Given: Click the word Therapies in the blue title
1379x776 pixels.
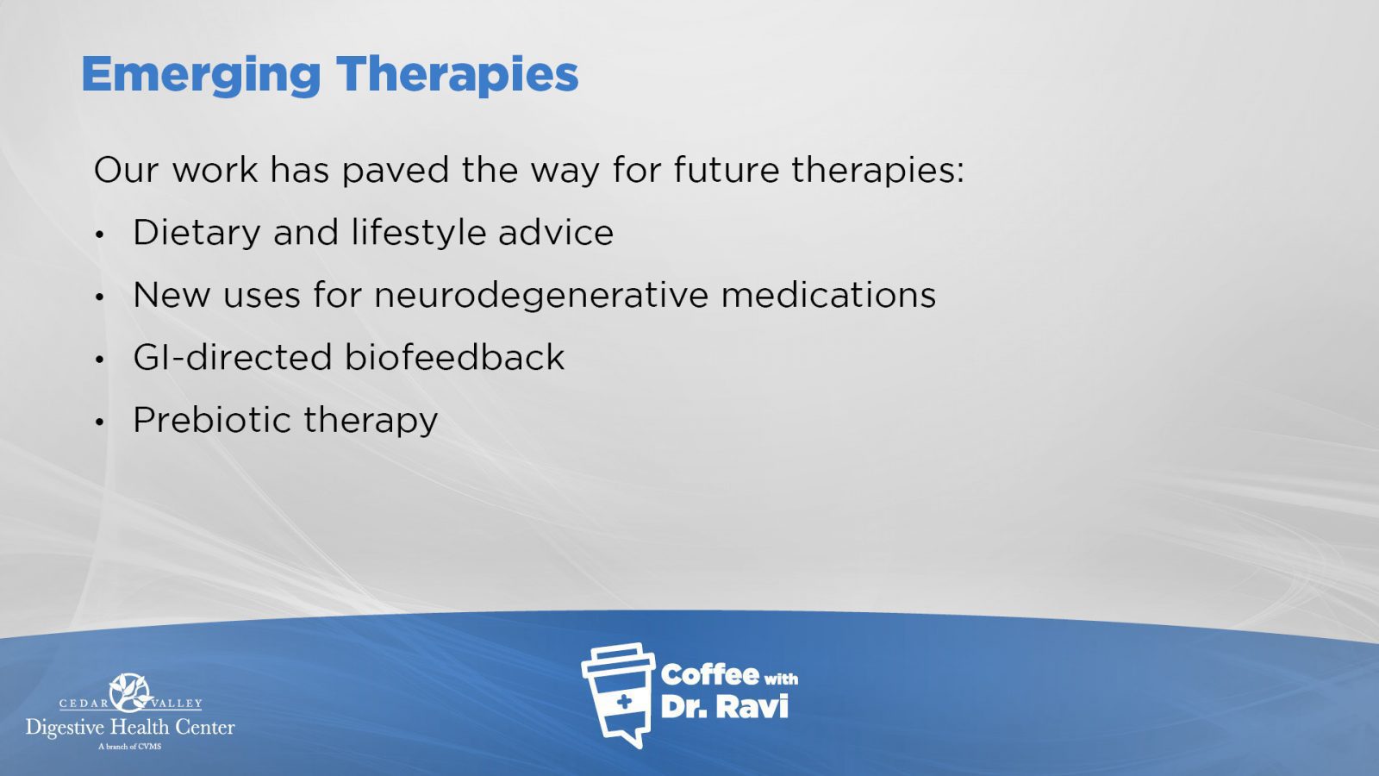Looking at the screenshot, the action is click(457, 74).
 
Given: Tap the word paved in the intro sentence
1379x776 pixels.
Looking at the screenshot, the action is click(396, 171).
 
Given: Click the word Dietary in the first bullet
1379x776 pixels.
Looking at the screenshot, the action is click(197, 234).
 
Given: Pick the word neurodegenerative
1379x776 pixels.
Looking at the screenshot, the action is click(542, 296).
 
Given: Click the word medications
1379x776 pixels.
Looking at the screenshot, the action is click(828, 294).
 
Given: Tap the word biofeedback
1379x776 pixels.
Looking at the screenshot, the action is click(454, 357).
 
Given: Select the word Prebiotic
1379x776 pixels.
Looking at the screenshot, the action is click(212, 419).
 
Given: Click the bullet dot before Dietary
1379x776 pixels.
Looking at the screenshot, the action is click(100, 235).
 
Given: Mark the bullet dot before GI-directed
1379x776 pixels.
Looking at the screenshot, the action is click(100, 360).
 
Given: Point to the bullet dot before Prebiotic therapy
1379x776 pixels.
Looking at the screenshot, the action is click(100, 422).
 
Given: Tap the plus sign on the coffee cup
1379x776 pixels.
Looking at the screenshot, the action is click(624, 702).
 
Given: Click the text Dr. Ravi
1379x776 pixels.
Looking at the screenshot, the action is click(725, 706).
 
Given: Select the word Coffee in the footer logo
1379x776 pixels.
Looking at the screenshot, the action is click(709, 675).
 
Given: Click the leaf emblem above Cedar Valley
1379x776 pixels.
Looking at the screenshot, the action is click(130, 692).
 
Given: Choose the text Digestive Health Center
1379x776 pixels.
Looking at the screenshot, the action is click(130, 728).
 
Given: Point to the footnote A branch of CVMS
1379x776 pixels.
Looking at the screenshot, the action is click(130, 747).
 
